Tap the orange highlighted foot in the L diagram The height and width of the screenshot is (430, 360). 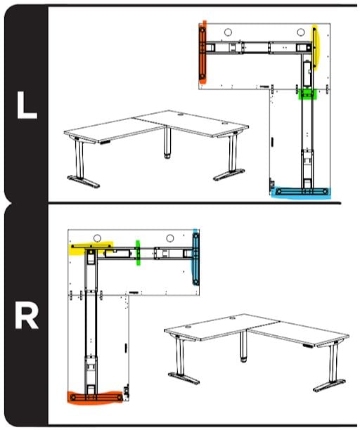tap(202, 52)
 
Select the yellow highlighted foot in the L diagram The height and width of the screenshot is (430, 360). tap(315, 46)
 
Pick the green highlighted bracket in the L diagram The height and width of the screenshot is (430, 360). tap(307, 93)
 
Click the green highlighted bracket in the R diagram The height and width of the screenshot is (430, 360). tap(139, 252)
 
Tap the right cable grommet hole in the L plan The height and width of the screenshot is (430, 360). tap(301, 32)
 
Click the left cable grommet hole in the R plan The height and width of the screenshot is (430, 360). tap(98, 238)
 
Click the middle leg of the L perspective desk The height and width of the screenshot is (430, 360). tap(167, 144)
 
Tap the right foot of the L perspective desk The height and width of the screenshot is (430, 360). tap(230, 175)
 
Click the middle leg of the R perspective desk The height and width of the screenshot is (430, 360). tap(244, 348)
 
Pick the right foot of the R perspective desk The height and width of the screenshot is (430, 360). tap(330, 384)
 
